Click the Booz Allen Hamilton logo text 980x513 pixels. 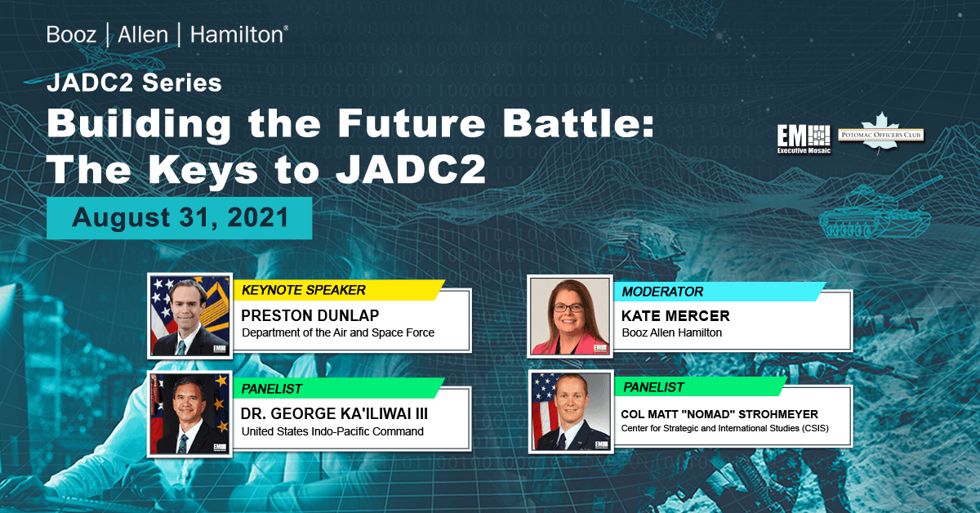tap(167, 34)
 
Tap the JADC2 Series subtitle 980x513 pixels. tap(135, 83)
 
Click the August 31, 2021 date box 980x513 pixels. tap(180, 217)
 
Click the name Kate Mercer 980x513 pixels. tap(675, 316)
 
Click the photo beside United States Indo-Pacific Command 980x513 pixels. tap(189, 413)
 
